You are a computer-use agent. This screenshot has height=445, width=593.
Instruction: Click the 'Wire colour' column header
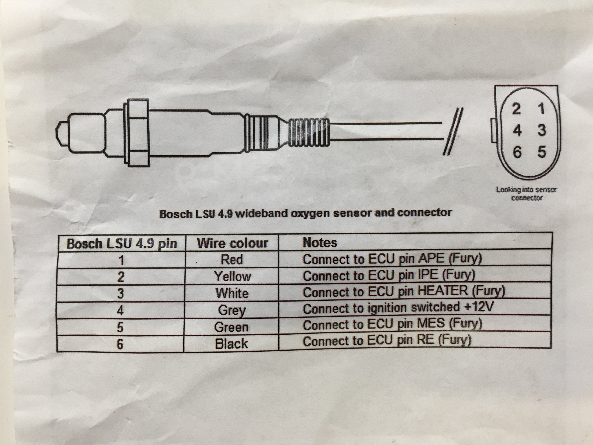233,243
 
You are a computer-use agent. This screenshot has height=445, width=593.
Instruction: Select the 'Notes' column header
320,242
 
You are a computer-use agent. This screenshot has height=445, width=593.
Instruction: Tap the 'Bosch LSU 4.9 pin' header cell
122,244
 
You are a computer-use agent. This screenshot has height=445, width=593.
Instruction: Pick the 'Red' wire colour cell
232,260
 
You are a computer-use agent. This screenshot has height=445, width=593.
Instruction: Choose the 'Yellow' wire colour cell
232,276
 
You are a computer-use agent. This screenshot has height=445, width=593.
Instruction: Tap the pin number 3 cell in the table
121,293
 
